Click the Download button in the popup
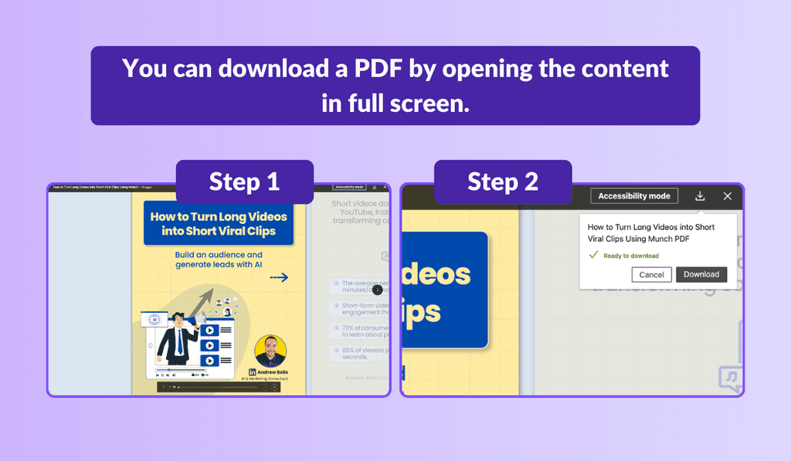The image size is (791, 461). (x=701, y=274)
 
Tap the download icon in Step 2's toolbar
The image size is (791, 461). (x=700, y=196)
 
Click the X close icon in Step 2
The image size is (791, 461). (x=727, y=196)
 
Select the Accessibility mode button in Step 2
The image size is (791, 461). (x=634, y=196)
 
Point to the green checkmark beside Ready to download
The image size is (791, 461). (x=593, y=255)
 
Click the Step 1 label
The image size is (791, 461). (x=244, y=182)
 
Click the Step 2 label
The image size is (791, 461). (x=502, y=182)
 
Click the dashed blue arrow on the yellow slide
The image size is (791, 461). (x=279, y=277)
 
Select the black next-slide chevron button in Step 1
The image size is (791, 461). (x=377, y=290)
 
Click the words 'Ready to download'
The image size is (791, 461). (x=631, y=256)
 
